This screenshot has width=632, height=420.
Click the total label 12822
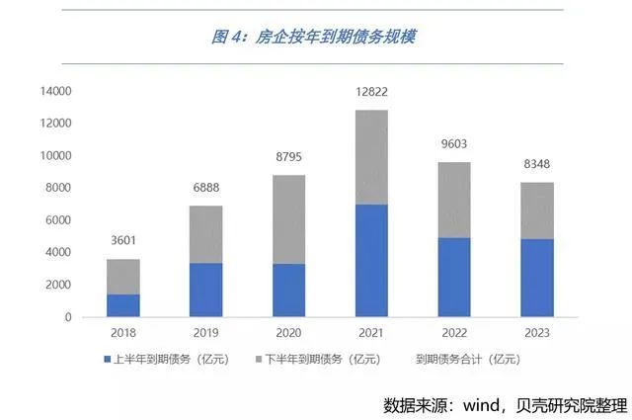[371, 92]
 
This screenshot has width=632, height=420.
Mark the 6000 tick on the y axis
[61, 220]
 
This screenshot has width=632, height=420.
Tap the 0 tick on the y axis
[69, 317]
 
